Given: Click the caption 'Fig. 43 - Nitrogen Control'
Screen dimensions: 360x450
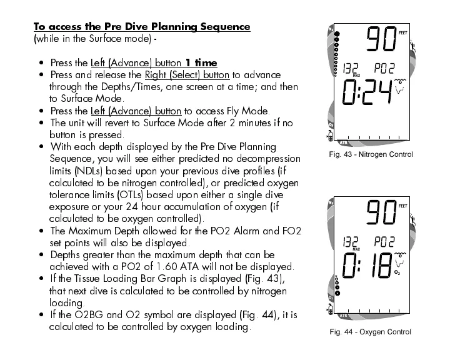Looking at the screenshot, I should tap(371, 154).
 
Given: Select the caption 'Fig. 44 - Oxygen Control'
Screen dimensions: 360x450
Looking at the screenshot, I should tap(371, 331).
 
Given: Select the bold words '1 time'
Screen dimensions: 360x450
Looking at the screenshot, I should tap(201, 63).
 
